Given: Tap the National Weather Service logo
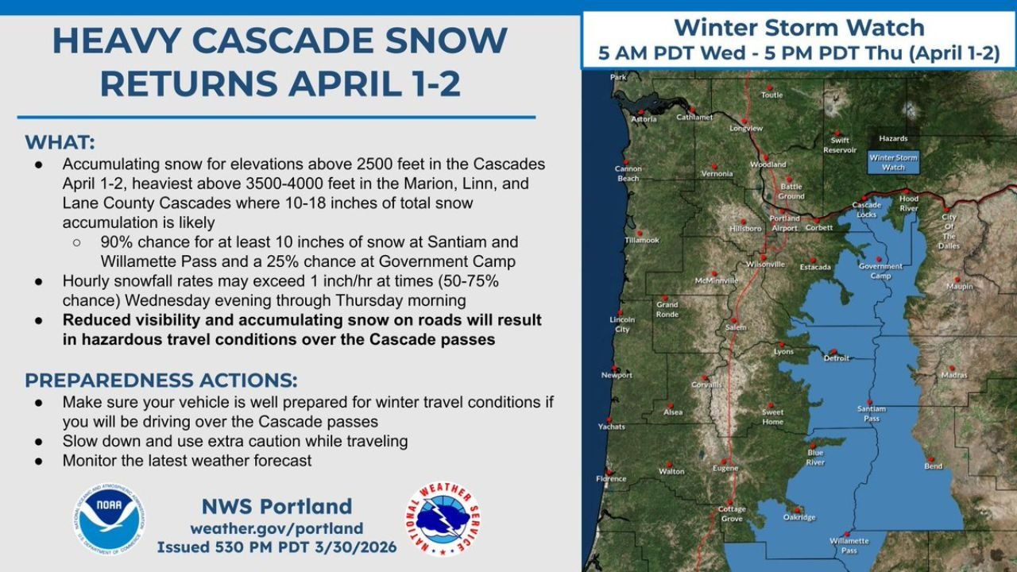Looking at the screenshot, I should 443,519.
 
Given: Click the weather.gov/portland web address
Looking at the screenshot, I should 276,528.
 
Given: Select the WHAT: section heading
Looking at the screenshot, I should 60,142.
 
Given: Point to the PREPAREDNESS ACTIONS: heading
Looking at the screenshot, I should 161,379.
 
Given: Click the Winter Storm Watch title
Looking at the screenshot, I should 799,28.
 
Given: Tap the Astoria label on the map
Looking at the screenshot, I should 644,119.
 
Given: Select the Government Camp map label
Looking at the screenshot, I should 880,271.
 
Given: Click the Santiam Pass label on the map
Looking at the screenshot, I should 871,413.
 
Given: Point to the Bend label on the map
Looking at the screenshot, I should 933,466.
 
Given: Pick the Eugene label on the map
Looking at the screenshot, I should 725,468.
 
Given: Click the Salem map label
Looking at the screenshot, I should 736,327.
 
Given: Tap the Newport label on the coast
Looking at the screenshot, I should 617,375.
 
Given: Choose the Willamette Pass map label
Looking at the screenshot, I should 849,546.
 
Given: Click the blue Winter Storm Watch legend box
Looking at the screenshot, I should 893,162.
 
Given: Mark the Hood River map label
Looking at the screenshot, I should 908,203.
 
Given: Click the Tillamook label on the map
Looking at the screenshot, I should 642,239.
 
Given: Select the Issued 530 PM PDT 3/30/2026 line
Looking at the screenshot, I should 276,548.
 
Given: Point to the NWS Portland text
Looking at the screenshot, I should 276,506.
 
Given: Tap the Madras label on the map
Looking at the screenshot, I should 953,374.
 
